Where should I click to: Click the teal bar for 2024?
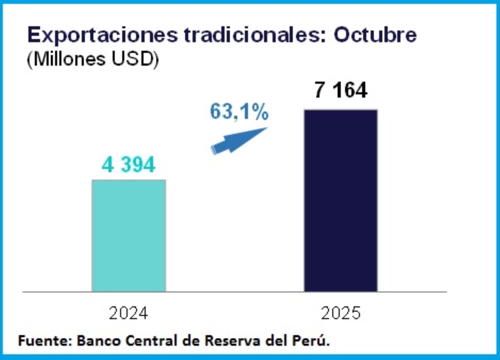[x=129, y=236]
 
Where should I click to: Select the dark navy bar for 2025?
[x=341, y=200]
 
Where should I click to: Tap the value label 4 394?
[x=128, y=165]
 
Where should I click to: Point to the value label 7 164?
[x=341, y=90]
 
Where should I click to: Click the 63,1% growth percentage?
[x=239, y=112]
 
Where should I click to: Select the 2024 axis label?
[x=128, y=313]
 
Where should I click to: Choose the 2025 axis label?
[x=341, y=313]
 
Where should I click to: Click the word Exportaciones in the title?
[x=102, y=35]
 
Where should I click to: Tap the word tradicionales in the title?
[x=254, y=35]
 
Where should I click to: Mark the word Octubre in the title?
[x=375, y=35]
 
